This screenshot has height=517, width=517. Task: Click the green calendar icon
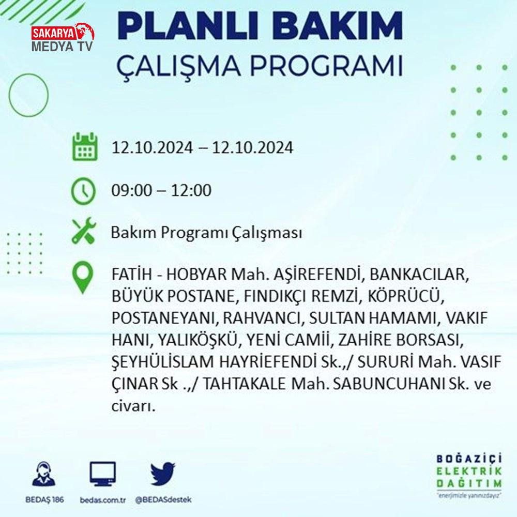[85, 147]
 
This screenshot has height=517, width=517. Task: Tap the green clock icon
[83, 191]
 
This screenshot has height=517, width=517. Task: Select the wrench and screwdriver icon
[84, 231]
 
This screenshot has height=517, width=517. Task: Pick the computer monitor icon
[103, 474]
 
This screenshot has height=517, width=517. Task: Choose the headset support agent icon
[44, 474]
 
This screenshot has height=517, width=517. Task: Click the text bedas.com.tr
[103, 500]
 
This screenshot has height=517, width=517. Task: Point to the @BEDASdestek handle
[163, 500]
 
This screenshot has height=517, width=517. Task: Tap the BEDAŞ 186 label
[44, 500]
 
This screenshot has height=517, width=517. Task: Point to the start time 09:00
[131, 191]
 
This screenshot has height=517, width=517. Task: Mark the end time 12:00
[191, 191]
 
